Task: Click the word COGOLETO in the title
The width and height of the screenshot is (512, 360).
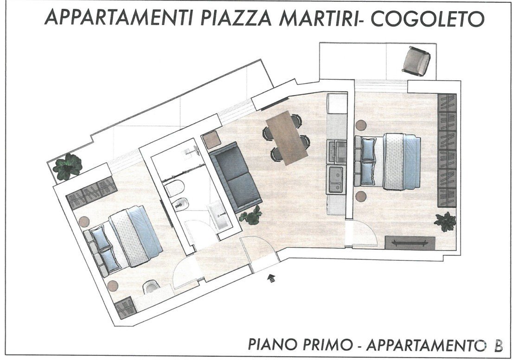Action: tap(428, 18)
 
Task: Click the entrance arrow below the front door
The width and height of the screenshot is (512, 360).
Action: tap(271, 278)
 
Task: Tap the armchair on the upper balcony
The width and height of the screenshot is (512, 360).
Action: tap(416, 61)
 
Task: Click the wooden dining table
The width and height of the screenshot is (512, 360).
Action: tap(287, 137)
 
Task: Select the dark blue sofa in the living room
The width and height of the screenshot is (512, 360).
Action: tap(236, 176)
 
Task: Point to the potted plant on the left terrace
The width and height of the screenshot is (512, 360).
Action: tap(68, 167)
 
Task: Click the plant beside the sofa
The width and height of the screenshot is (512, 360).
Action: tap(251, 215)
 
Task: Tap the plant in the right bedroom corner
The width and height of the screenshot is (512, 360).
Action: tap(445, 221)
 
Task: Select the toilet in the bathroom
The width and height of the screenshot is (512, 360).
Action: tap(174, 188)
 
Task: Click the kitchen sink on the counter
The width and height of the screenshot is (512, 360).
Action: tap(336, 180)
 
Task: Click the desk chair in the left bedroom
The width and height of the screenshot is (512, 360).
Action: tap(152, 287)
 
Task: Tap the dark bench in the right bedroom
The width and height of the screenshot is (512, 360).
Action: tap(410, 243)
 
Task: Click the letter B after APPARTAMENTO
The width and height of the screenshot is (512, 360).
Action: tap(498, 345)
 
